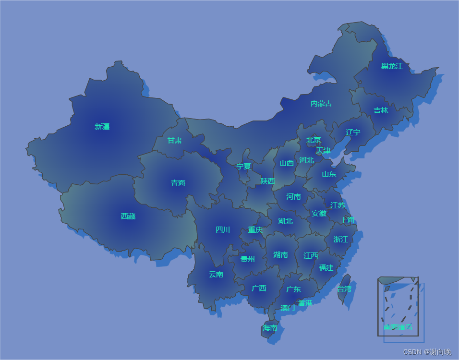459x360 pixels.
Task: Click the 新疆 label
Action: coord(102,126)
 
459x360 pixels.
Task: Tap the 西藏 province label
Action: coord(128,216)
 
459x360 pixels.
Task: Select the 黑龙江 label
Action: coord(392,66)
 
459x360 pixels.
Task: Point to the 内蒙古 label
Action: coord(321,103)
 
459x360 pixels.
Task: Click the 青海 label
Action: coord(178,183)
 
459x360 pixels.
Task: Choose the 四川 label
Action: coord(223,229)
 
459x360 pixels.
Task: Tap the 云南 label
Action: coord(216,274)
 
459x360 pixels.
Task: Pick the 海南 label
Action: coord(270,327)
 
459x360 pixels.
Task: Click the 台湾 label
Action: coord(344,288)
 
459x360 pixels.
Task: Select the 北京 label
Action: coord(314,140)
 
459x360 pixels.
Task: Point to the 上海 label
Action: coord(347,220)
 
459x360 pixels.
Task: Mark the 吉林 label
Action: coord(381,110)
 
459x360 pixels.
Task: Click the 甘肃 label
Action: coord(174,140)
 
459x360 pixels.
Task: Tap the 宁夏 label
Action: coord(243,166)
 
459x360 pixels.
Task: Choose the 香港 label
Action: coord(305,303)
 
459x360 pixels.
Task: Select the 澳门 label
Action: coord(288,308)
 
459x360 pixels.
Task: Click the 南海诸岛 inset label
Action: coord(398,327)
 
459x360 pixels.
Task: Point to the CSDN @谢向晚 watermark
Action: coord(427,352)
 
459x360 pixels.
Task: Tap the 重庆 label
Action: coord(255,229)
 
